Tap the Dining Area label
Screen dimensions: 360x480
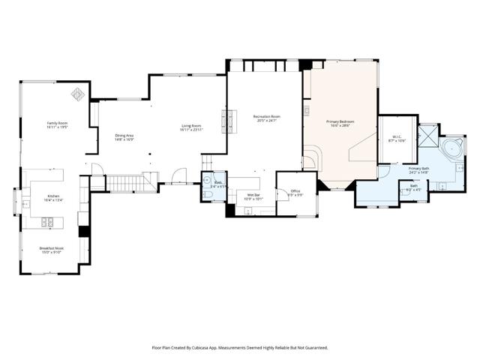click(124, 137)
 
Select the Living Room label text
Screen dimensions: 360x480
click(191, 128)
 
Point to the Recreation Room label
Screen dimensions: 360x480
click(266, 118)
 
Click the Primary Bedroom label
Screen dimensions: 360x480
click(340, 123)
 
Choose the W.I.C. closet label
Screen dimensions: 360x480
click(397, 139)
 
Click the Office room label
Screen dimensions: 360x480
click(295, 193)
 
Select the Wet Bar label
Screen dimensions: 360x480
click(253, 197)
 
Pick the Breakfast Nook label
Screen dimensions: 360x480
click(52, 250)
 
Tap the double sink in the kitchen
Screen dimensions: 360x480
click(47, 222)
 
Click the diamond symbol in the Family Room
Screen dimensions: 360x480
click(77, 94)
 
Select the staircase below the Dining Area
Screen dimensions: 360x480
click(124, 182)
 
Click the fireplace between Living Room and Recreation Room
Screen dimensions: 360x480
click(225, 120)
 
